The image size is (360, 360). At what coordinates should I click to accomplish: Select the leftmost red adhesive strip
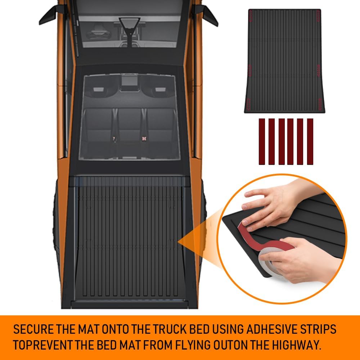point(262,141)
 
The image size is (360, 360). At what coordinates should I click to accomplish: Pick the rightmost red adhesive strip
point(310,141)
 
